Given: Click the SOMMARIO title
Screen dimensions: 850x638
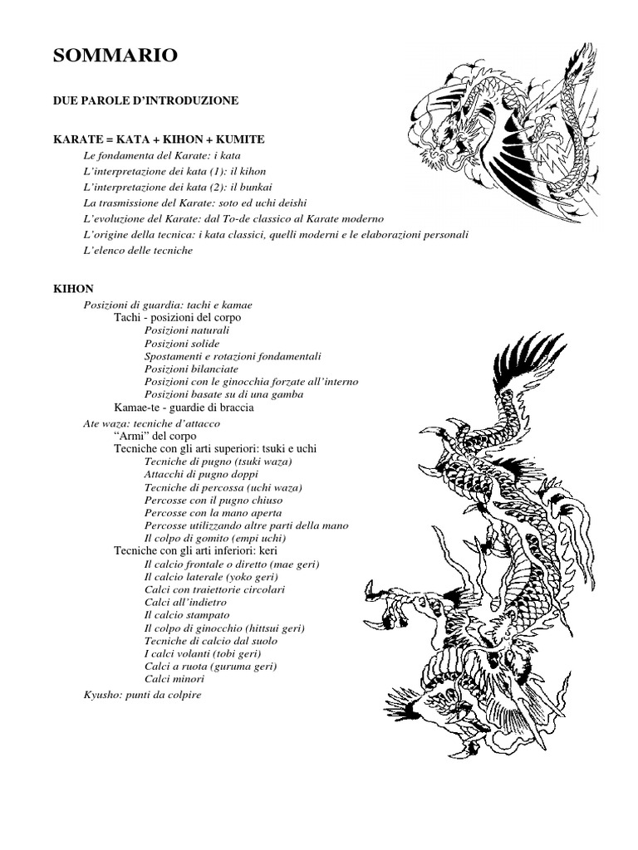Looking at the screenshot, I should click(115, 56).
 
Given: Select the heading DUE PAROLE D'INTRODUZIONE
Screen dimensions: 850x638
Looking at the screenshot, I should click(145, 100).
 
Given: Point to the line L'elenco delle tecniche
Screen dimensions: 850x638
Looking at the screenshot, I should click(138, 250).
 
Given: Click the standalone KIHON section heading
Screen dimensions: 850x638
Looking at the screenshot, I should click(73, 288).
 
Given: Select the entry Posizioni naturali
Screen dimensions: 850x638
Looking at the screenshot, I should click(186, 330).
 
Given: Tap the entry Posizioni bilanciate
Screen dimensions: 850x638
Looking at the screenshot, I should click(191, 369).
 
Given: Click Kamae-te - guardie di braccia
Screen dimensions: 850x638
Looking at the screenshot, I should click(184, 408).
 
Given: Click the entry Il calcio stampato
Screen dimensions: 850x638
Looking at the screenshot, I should click(186, 615).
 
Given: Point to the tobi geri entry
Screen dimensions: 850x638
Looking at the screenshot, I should click(210, 653).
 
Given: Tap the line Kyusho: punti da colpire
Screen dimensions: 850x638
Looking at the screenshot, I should click(142, 694).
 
